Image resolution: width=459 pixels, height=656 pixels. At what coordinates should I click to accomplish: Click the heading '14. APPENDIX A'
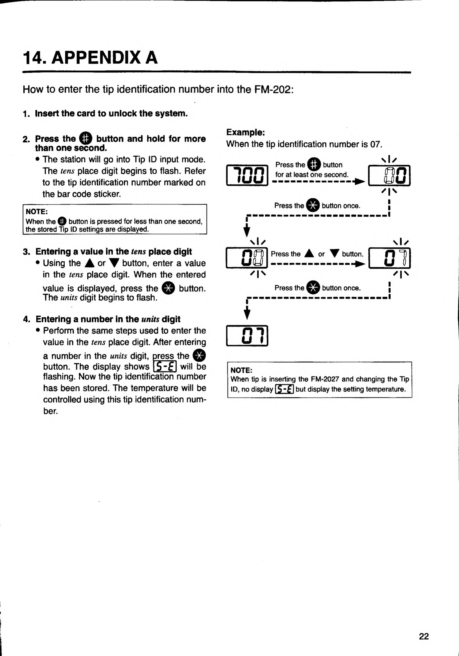(90, 57)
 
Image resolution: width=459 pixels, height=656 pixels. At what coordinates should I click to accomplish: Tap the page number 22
(424, 636)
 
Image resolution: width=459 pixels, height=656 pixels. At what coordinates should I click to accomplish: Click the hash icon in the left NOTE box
(62, 221)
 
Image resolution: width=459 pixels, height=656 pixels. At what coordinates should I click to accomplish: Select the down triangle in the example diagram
(334, 253)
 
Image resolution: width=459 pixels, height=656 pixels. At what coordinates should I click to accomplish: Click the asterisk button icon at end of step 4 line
(199, 355)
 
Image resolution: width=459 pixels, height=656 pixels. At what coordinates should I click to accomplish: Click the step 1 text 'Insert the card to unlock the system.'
(111, 113)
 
